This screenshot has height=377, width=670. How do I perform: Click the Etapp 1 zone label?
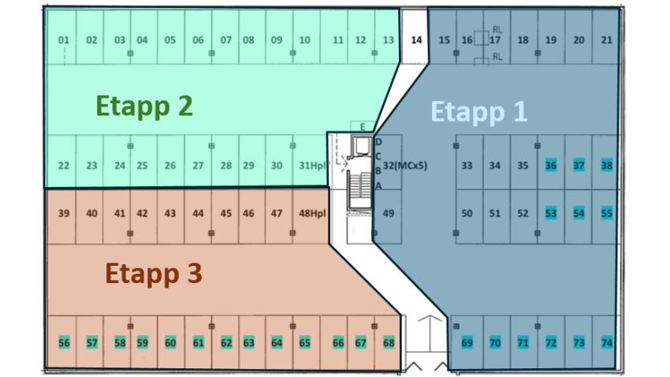478,111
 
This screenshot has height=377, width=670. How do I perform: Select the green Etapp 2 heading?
144,105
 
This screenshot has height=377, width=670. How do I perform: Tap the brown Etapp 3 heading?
154,274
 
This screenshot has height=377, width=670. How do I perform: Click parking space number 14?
417,39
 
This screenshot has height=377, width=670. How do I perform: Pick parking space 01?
64,40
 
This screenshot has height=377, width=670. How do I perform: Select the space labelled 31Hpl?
312,166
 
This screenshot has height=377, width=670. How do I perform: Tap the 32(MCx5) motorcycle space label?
404,166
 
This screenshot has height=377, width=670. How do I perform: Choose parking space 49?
388,213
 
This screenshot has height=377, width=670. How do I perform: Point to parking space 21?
606,40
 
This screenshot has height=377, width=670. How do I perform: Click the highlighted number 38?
606,166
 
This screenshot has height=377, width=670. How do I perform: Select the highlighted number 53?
551,213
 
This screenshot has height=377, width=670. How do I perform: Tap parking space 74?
606,342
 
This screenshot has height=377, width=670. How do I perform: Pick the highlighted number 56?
64,342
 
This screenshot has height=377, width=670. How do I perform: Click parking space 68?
388,342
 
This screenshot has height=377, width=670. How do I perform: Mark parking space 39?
64,213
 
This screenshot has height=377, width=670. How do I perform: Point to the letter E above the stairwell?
362,127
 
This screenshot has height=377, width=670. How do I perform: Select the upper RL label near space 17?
497,30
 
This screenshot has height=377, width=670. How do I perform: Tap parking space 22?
64,166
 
